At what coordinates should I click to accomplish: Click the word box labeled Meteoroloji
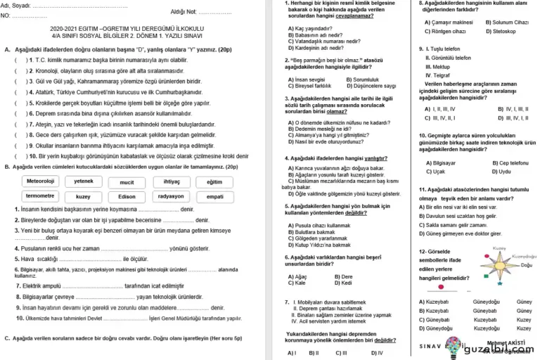[x=40, y=181]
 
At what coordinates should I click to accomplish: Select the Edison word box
[x=127, y=196]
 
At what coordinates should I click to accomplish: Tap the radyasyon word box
[x=170, y=196]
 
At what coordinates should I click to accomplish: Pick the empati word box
[x=214, y=196]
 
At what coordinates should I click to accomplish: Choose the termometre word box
[x=40, y=196]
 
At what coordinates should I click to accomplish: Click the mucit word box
[x=127, y=181]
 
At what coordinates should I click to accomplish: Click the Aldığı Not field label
[x=184, y=12]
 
